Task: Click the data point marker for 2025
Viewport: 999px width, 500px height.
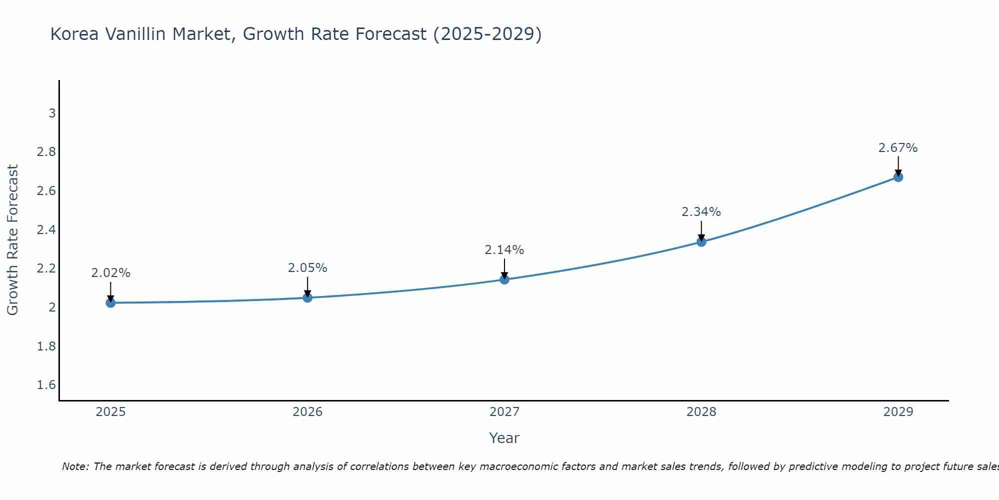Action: (x=110, y=302)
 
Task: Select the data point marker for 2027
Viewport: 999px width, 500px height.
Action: (x=504, y=279)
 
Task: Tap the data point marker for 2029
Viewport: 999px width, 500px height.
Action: (x=898, y=177)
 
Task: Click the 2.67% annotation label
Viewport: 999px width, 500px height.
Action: (x=898, y=148)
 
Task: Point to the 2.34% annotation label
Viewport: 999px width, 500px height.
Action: (x=701, y=212)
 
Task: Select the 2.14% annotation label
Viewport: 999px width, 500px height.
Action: (x=504, y=249)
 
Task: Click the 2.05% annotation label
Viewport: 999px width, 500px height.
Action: (x=308, y=268)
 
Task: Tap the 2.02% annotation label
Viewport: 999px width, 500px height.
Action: (x=110, y=273)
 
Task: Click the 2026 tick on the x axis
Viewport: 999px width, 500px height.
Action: (x=308, y=412)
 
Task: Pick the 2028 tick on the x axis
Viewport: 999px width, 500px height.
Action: (x=701, y=412)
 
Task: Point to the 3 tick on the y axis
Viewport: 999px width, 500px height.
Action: (x=52, y=113)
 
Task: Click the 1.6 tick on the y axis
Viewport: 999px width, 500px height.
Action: (x=46, y=385)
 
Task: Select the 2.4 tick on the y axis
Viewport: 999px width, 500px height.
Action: (x=46, y=230)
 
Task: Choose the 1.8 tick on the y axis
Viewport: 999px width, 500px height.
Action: (x=46, y=346)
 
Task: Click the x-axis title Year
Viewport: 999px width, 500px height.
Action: (x=504, y=438)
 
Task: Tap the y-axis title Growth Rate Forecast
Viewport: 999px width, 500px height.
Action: (x=12, y=240)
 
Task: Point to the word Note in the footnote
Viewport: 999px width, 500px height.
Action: (x=74, y=466)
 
